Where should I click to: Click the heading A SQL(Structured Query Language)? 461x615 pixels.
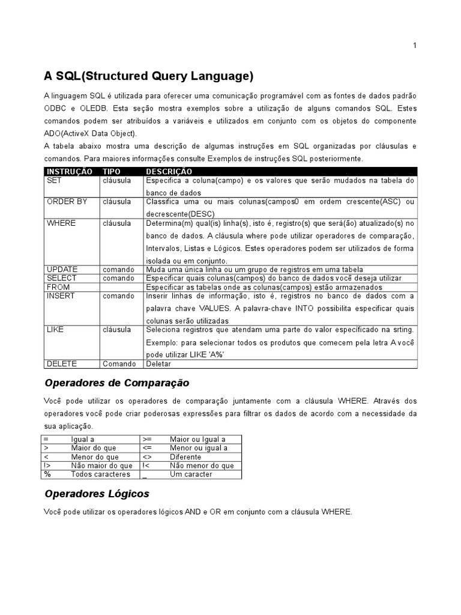pyautogui.click(x=149, y=76)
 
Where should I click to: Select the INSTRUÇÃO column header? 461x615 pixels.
pyautogui.click(x=70, y=172)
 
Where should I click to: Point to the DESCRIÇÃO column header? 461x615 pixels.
pyautogui.click(x=169, y=172)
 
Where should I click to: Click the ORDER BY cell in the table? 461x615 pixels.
pyautogui.click(x=67, y=202)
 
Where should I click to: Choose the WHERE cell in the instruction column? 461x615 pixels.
pyautogui.click(x=61, y=223)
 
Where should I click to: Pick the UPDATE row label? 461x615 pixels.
pyautogui.click(x=62, y=270)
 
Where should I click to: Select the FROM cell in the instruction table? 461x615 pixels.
pyautogui.click(x=58, y=287)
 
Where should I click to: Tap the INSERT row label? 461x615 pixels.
pyautogui.click(x=61, y=296)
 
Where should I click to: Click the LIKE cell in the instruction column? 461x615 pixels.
pyautogui.click(x=55, y=330)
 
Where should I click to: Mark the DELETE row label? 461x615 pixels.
pyautogui.click(x=62, y=364)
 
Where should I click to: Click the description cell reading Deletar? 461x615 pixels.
pyautogui.click(x=158, y=364)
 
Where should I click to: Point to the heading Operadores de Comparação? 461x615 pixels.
pyautogui.click(x=117, y=383)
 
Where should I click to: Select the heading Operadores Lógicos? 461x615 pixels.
pyautogui.click(x=97, y=494)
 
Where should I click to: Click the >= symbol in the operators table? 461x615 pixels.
pyautogui.click(x=148, y=440)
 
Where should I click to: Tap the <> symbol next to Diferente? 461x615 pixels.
pyautogui.click(x=148, y=457)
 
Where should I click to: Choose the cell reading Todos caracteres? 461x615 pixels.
pyautogui.click(x=100, y=474)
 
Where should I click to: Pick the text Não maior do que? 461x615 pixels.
pyautogui.click(x=101, y=465)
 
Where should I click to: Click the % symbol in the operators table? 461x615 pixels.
pyautogui.click(x=47, y=474)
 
